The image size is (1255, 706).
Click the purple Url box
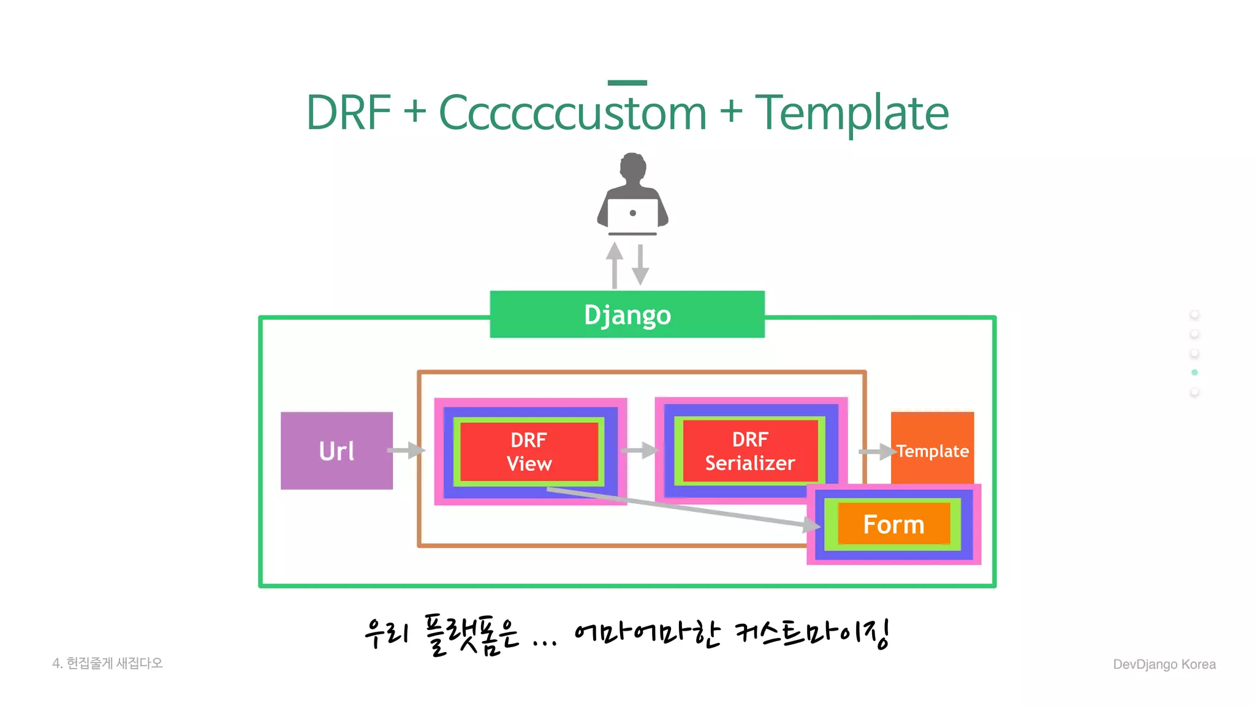(336, 450)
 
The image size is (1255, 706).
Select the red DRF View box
(529, 452)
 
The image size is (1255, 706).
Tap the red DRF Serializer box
(749, 451)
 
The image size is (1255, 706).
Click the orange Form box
(893, 525)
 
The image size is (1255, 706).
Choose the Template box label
(933, 451)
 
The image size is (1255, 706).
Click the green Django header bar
(627, 314)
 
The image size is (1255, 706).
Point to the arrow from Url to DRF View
(406, 451)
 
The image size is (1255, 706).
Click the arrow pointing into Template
(877, 452)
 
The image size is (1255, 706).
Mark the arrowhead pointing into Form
(812, 525)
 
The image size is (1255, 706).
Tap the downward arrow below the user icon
(640, 265)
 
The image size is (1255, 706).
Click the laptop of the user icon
(632, 214)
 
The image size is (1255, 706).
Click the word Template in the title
(852, 113)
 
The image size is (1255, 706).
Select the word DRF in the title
(348, 113)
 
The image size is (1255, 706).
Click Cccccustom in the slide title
(572, 113)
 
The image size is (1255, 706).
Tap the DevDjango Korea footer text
(1164, 664)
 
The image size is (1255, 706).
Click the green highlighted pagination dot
(1194, 373)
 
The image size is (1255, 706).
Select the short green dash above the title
(627, 82)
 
